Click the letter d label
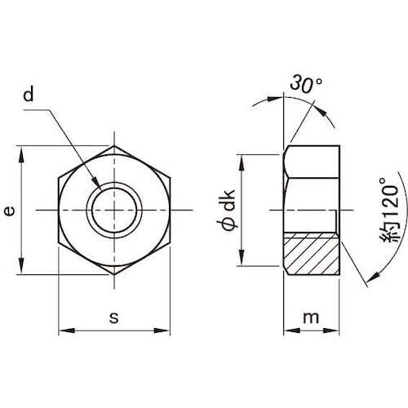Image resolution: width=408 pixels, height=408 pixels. (29, 95)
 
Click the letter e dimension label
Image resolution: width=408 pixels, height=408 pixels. (10, 211)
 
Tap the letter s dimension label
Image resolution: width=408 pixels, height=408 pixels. (114, 317)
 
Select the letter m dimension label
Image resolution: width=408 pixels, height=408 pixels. (311, 317)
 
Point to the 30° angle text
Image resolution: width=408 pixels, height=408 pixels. (306, 84)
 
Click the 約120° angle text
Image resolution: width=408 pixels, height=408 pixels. (390, 210)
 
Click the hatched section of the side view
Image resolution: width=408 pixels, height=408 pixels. (312, 254)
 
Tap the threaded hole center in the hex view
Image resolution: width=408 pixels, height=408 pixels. (114, 211)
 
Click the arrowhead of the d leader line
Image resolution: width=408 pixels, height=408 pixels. (95, 181)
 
